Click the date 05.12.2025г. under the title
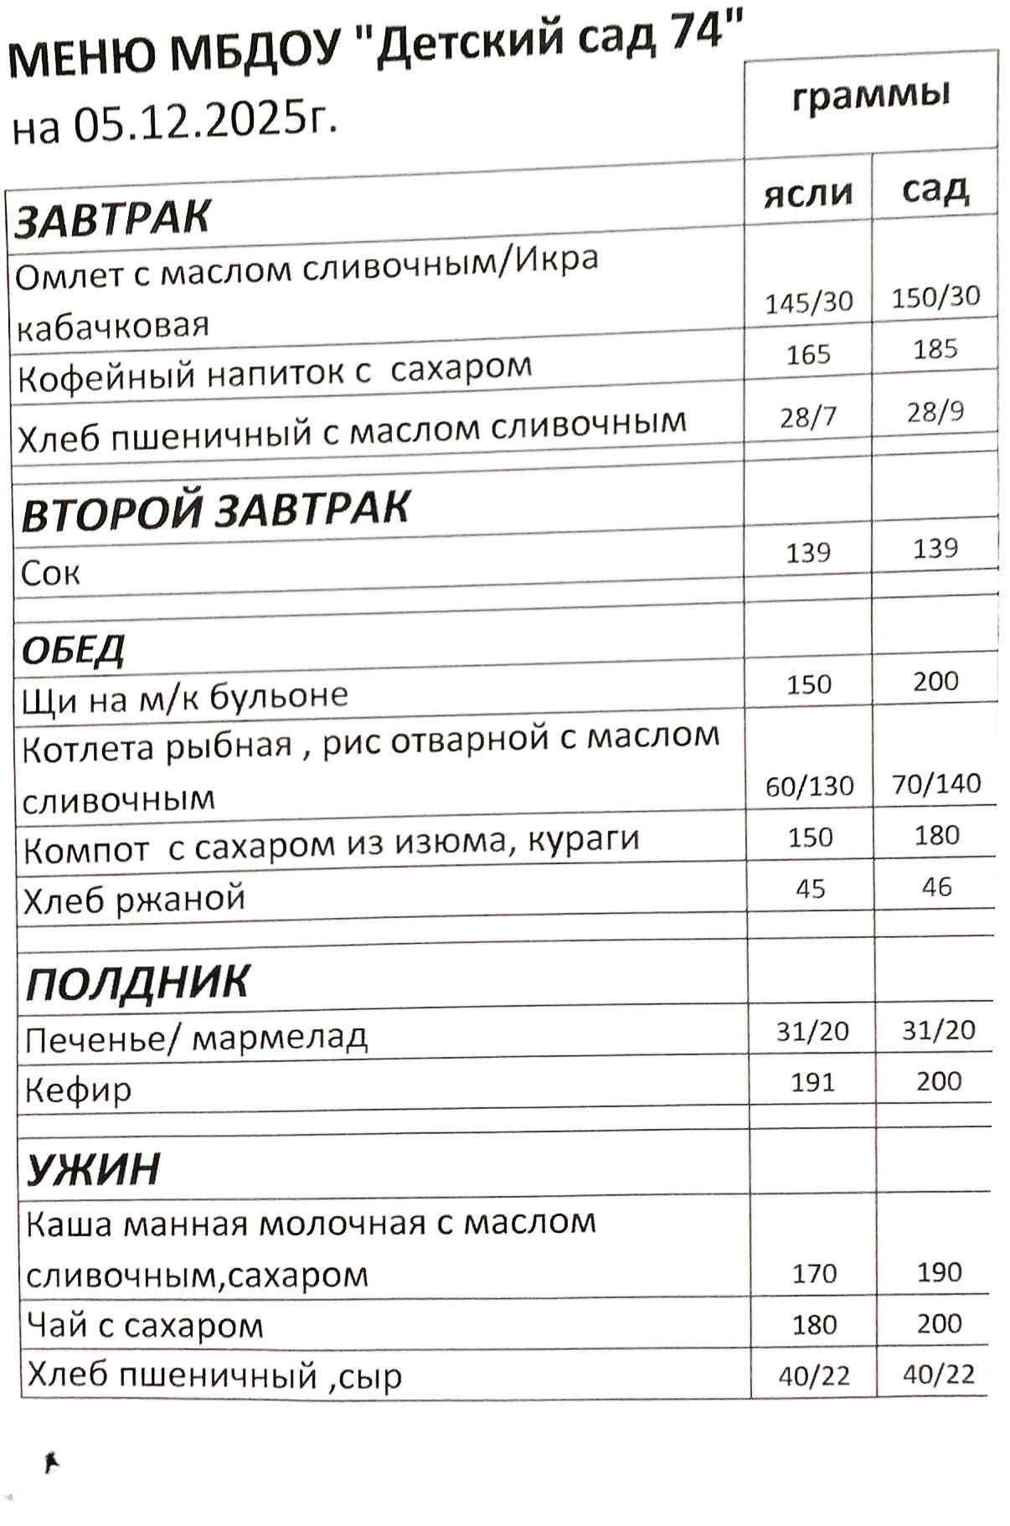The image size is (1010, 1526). click(205, 121)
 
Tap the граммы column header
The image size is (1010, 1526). click(871, 96)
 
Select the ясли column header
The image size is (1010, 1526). click(808, 193)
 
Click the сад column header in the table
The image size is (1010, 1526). click(935, 189)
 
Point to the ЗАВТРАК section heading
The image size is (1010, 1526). click(112, 219)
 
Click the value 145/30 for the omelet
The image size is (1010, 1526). click(809, 302)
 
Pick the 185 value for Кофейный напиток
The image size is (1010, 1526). click(935, 348)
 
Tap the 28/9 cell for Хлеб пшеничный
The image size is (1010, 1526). click(935, 411)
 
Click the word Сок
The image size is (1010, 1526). click(50, 574)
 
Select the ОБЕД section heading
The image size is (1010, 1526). click(74, 649)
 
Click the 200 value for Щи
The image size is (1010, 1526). click(935, 681)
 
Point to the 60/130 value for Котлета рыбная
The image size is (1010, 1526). click(810, 786)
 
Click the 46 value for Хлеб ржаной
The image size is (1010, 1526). click(936, 886)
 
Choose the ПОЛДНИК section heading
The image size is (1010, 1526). click(138, 982)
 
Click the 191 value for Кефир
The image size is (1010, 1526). click(813, 1082)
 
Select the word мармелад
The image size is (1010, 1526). click(280, 1038)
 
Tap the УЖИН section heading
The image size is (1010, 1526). click(93, 1169)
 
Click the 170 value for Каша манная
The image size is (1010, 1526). click(814, 1274)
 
